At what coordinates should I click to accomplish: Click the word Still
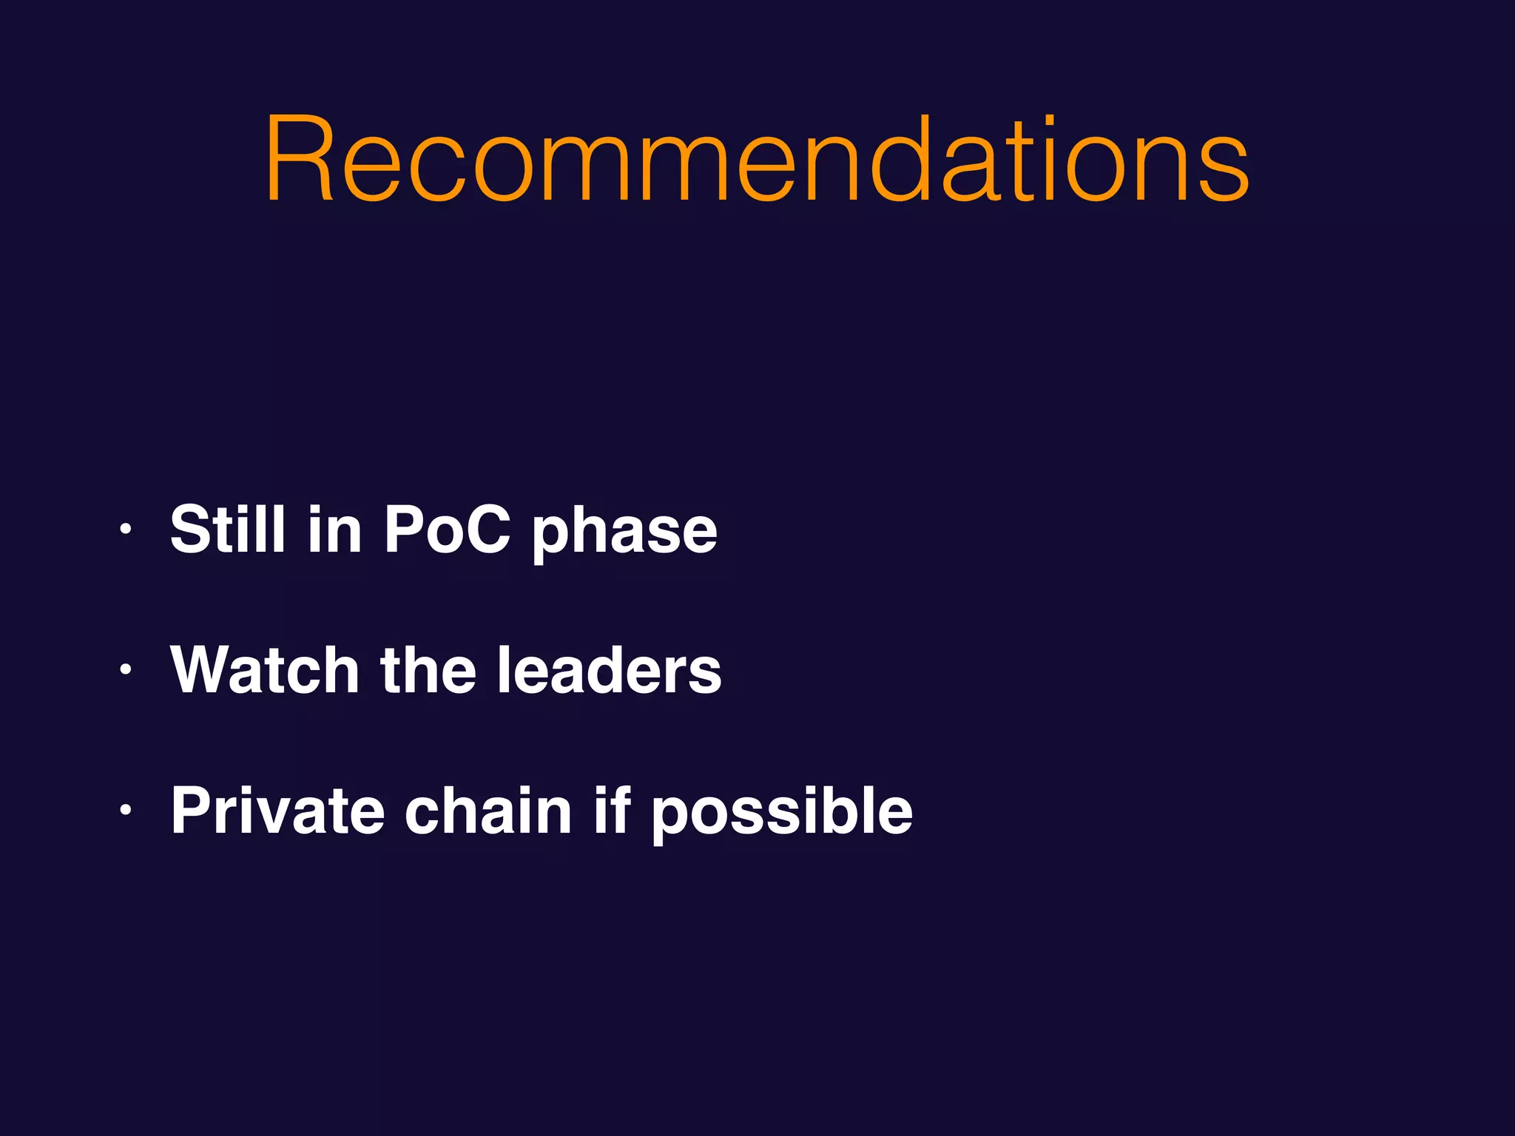coord(228,529)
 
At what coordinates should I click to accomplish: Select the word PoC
coord(447,529)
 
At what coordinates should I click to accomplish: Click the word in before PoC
coord(334,529)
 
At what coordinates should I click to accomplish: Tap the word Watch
coord(265,670)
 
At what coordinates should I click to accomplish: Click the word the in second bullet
coord(428,670)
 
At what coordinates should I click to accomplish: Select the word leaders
coord(609,670)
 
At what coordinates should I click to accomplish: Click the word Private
coord(277,811)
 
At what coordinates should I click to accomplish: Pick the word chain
coord(488,811)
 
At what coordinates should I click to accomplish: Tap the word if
coord(612,811)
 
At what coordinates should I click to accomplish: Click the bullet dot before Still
coord(126,529)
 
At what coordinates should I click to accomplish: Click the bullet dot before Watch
coord(126,670)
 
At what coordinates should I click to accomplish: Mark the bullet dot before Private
coord(126,811)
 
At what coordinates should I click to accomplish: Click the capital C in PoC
coord(484,529)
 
